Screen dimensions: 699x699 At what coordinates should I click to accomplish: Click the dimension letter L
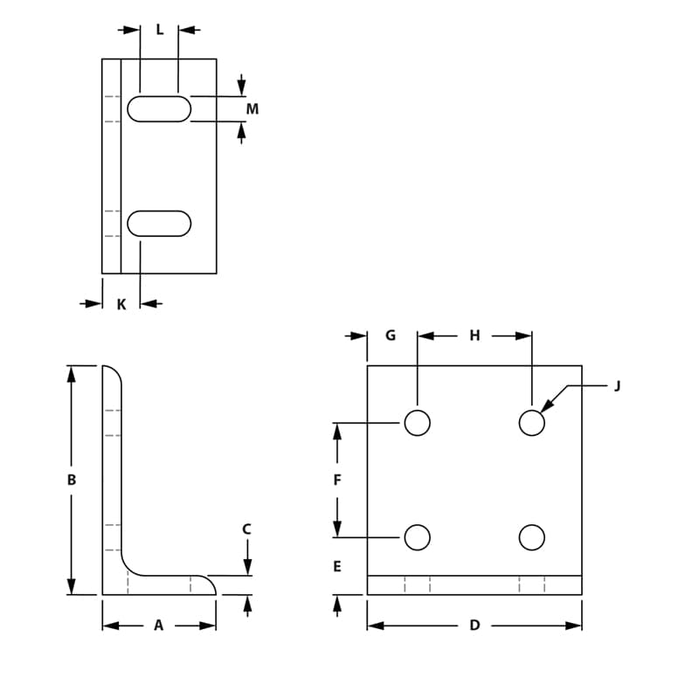[x=159, y=30]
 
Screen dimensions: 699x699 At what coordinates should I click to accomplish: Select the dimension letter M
[x=253, y=109]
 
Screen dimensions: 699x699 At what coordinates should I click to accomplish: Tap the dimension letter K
[x=121, y=304]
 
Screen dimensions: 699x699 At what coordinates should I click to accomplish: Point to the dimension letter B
[x=72, y=480]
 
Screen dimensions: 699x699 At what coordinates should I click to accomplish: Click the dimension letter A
[x=158, y=626]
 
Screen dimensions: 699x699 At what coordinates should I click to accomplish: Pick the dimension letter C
[x=246, y=529]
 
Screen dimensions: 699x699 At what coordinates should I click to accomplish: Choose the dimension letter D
[x=474, y=626]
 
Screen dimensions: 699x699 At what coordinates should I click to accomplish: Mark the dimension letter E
[x=337, y=567]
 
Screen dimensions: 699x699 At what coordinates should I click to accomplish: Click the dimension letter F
[x=337, y=480]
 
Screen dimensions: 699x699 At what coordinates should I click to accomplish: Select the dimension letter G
[x=391, y=336]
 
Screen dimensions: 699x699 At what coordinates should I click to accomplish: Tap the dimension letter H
[x=474, y=336]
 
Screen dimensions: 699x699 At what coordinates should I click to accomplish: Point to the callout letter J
[x=617, y=385]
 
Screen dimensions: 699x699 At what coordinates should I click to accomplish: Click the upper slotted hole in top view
[x=159, y=109]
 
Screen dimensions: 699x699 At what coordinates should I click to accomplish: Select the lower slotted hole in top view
[x=159, y=224]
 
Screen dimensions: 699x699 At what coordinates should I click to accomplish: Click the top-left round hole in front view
[x=418, y=423]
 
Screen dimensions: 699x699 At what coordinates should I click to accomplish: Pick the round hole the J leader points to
[x=531, y=423]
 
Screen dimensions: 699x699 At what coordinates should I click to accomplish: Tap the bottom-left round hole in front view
[x=418, y=537]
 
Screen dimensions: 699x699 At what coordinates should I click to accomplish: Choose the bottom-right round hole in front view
[x=531, y=537]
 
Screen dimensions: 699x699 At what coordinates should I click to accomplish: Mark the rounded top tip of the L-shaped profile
[x=111, y=369]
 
